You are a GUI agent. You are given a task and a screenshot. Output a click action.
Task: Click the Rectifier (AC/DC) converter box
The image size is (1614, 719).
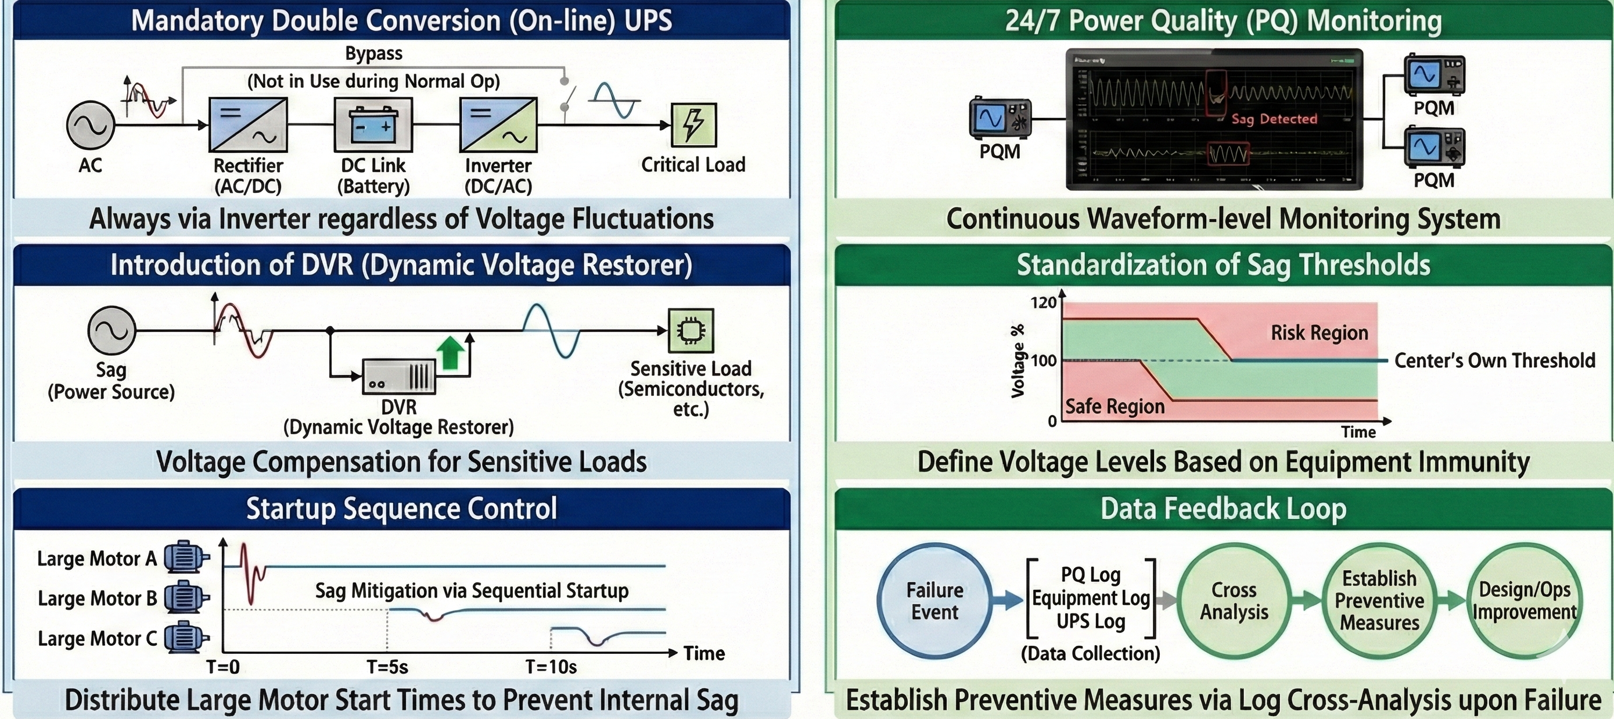pyautogui.click(x=248, y=125)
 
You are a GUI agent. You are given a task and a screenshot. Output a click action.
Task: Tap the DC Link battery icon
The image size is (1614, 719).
pyautogui.click(x=373, y=125)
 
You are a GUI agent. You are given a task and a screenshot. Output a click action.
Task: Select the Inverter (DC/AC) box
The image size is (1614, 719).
pyautogui.click(x=498, y=125)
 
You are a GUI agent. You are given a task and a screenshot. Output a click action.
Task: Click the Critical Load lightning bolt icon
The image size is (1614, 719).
pyautogui.click(x=693, y=125)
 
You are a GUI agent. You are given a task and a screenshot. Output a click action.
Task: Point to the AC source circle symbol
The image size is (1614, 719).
pyautogui.click(x=90, y=125)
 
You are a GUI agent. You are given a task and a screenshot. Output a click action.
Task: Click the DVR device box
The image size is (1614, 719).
pyautogui.click(x=398, y=377)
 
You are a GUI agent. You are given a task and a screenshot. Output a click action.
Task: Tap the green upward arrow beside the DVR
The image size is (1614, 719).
pyautogui.click(x=450, y=353)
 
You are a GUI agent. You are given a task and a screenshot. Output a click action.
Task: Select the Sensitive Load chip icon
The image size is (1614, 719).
pyautogui.click(x=691, y=330)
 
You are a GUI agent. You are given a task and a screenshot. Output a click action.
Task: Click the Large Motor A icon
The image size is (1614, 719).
pyautogui.click(x=185, y=557)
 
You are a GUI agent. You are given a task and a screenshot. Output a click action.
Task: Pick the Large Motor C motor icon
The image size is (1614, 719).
pyautogui.click(x=185, y=638)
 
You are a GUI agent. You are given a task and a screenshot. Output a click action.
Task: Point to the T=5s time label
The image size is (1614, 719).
pyautogui.click(x=387, y=667)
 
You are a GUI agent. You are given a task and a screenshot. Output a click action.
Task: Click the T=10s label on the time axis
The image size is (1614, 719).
pyautogui.click(x=551, y=667)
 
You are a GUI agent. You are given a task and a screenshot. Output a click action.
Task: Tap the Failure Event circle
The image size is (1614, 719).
pyautogui.click(x=934, y=600)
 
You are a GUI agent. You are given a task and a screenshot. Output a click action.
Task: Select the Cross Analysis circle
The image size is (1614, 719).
pyautogui.click(x=1234, y=600)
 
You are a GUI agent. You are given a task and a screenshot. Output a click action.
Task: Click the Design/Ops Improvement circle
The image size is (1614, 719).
pyautogui.click(x=1524, y=600)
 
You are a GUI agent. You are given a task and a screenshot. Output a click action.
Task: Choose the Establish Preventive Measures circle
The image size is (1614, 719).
pyautogui.click(x=1379, y=600)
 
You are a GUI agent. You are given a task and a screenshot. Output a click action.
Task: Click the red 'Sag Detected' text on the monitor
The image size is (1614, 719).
pyautogui.click(x=1274, y=119)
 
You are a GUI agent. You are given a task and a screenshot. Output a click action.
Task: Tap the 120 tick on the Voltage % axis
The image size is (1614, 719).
pyautogui.click(x=1043, y=303)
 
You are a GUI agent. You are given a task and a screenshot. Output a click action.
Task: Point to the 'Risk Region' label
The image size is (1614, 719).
pyautogui.click(x=1319, y=333)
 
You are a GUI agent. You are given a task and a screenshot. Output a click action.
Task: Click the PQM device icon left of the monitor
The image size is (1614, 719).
pyautogui.click(x=1000, y=118)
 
